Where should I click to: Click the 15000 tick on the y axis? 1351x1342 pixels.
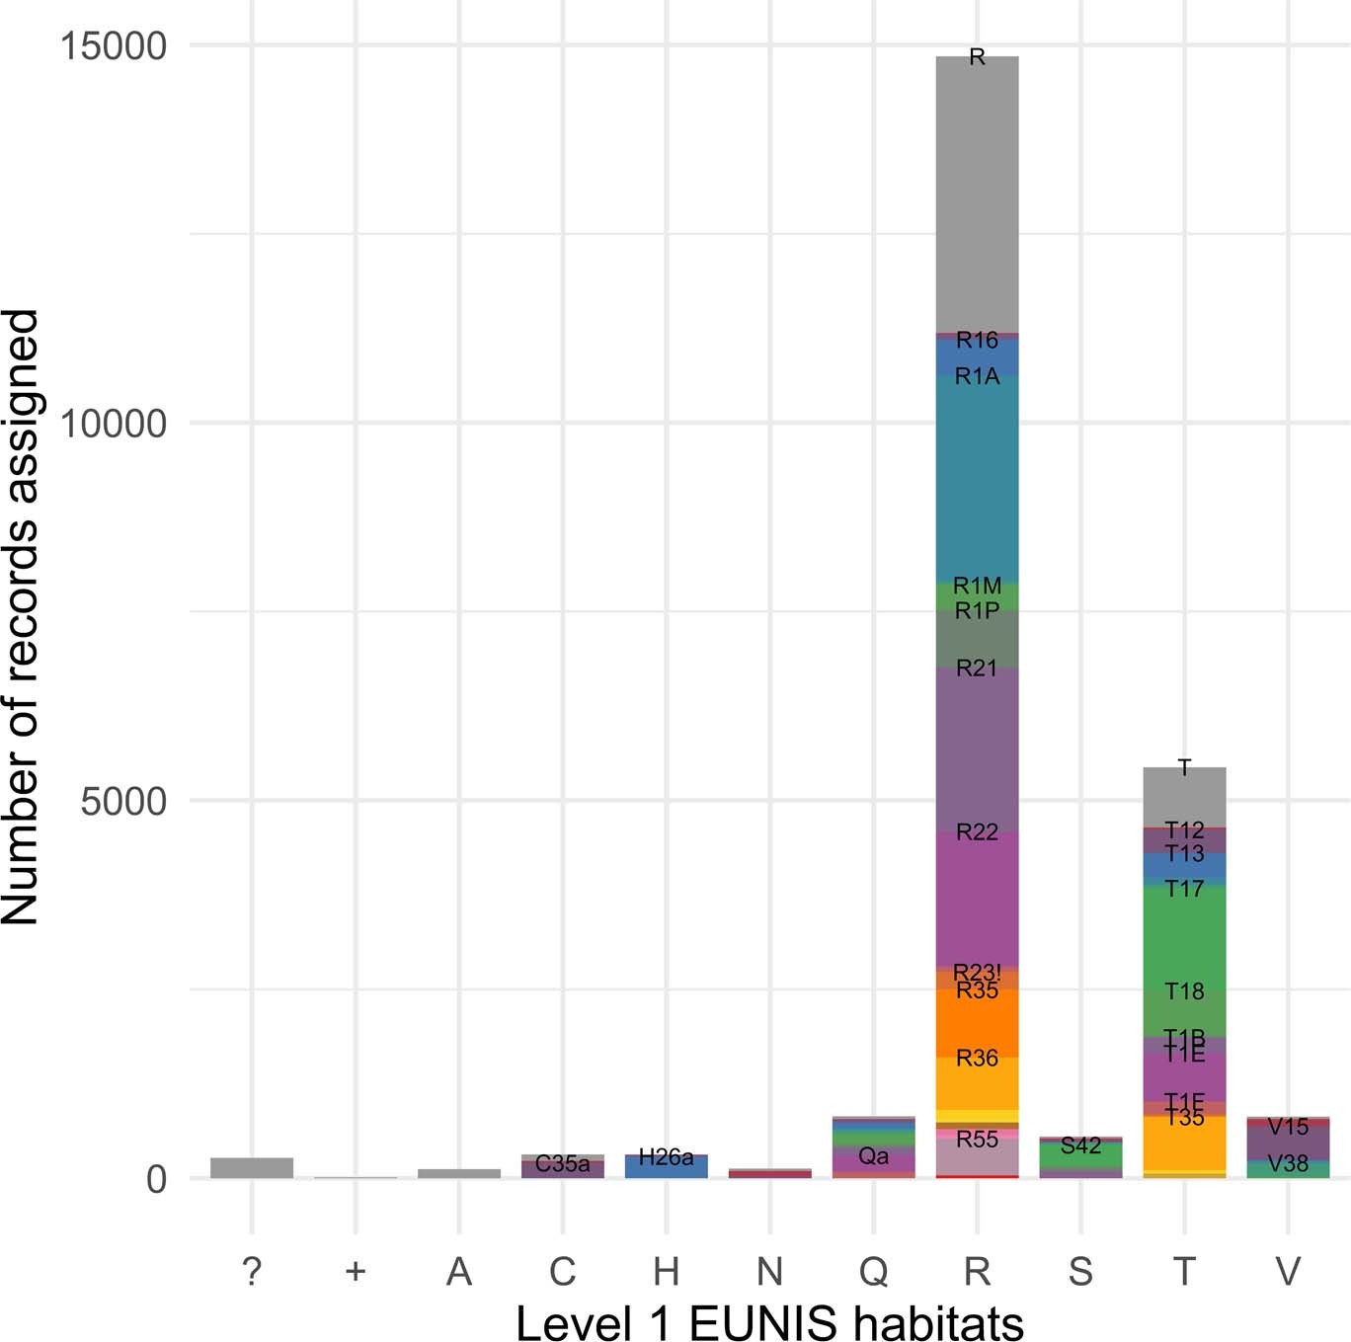pos(113,46)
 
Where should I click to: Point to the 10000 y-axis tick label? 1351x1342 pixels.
pos(113,424)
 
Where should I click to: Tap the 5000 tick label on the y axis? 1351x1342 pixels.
pos(123,801)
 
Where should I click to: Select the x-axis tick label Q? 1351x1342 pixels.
pos(873,1271)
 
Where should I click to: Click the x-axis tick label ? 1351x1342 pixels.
pos(252,1271)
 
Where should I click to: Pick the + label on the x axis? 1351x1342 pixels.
pos(356,1271)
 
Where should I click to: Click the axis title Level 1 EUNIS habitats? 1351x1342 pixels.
pos(769,1321)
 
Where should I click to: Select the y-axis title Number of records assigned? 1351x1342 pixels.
pos(22,617)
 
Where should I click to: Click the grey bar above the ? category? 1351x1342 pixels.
pos(252,1167)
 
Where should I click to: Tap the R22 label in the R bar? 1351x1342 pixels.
pos(977,832)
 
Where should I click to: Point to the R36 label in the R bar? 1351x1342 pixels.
pos(977,1059)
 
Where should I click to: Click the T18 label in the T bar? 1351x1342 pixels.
pos(1184,991)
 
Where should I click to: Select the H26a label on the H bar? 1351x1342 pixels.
pos(666,1157)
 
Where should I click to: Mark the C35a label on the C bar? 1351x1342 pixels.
pos(562,1164)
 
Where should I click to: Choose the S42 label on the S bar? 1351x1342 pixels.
pos(1080,1145)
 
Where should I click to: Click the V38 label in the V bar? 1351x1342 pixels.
pos(1288,1164)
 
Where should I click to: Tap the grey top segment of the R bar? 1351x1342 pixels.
pos(977,197)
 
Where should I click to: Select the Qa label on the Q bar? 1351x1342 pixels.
pos(873,1156)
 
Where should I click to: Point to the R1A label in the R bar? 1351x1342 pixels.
pos(977,376)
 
